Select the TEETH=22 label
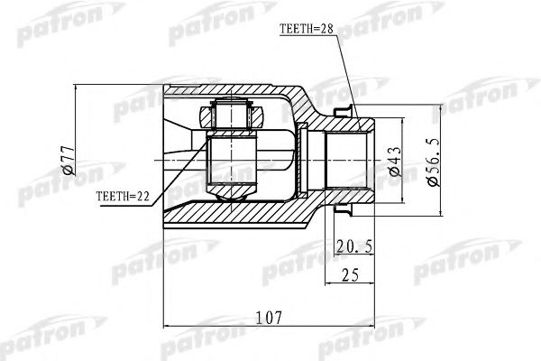123,194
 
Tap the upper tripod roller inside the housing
232,116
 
